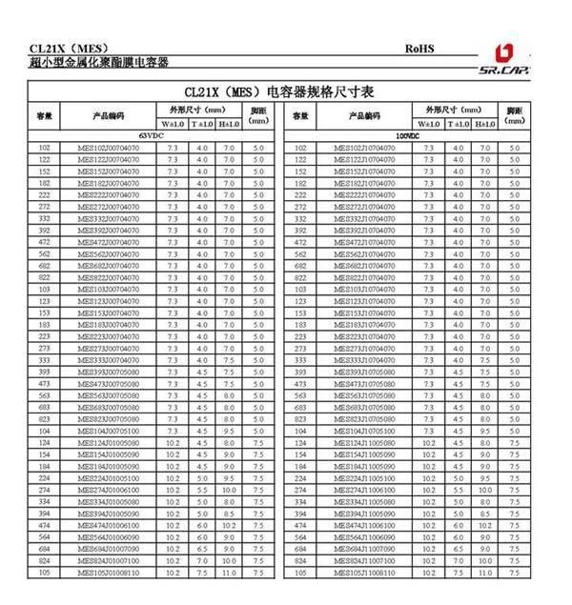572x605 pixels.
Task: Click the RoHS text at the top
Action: pyautogui.click(x=419, y=48)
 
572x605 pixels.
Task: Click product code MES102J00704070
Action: pyautogui.click(x=108, y=149)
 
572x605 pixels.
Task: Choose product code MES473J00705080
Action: pyautogui.click(x=108, y=384)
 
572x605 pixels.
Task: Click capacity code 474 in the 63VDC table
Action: pyautogui.click(x=44, y=525)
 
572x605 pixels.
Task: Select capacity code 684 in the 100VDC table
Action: pyautogui.click(x=300, y=549)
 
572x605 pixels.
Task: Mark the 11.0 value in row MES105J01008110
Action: pyautogui.click(x=229, y=573)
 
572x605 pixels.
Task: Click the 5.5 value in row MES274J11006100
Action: pyautogui.click(x=459, y=490)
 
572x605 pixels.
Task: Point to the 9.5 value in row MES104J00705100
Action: pyautogui.click(x=229, y=431)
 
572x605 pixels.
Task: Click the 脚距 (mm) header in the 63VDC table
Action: pyautogui.click(x=258, y=115)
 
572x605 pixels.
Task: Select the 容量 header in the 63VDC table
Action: pyautogui.click(x=44, y=115)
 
